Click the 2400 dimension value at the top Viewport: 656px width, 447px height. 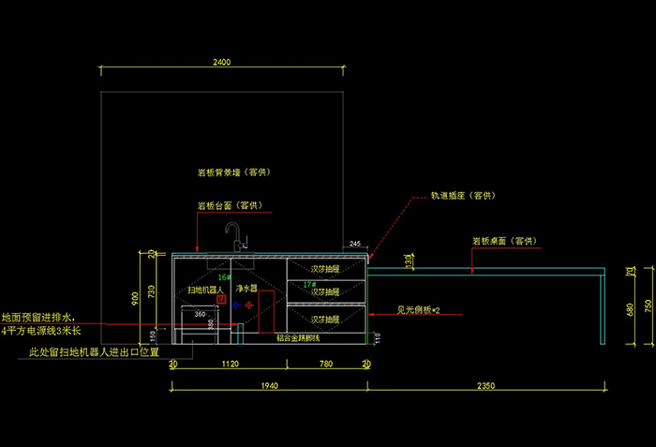click(221, 62)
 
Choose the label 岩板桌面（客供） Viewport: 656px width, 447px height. click(504, 241)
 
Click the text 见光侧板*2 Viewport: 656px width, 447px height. click(418, 308)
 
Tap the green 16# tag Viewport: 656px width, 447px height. click(224, 277)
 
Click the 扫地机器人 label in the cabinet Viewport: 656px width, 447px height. click(208, 291)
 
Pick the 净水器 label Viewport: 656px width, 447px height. click(247, 291)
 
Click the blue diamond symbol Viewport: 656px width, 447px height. click(236, 305)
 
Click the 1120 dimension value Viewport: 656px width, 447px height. click(229, 364)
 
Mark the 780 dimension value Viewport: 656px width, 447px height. click(325, 364)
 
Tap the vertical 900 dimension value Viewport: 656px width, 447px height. click(135, 299)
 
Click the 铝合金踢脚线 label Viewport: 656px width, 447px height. click(297, 337)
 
